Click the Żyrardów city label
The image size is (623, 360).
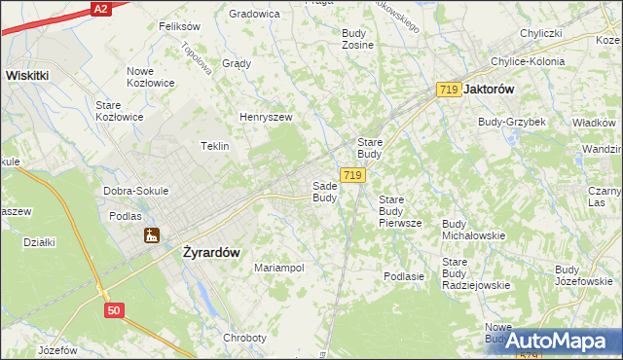pyautogui.click(x=211, y=251)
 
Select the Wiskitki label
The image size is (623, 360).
pyautogui.click(x=35, y=74)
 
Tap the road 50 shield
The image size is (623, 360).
pyautogui.click(x=115, y=309)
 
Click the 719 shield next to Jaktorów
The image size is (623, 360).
pyautogui.click(x=449, y=90)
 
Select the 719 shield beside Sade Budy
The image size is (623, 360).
pyautogui.click(x=353, y=175)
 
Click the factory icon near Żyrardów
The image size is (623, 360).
pyautogui.click(x=151, y=235)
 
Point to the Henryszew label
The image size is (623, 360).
pyautogui.click(x=266, y=118)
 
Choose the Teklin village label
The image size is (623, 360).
pyautogui.click(x=214, y=146)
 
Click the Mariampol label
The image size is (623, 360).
pyautogui.click(x=278, y=268)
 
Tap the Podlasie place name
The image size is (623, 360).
pyautogui.click(x=404, y=276)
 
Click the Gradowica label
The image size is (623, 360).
pyautogui.click(x=254, y=14)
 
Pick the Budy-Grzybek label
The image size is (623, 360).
pyautogui.click(x=511, y=122)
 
